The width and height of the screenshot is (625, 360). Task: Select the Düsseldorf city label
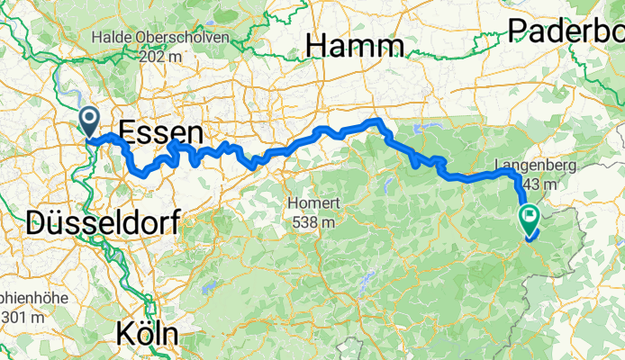[103, 220]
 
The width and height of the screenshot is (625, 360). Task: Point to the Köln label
[147, 334]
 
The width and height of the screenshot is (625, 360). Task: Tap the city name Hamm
[354, 45]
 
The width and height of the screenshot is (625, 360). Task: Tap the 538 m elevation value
[312, 219]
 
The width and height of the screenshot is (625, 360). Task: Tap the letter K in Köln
[124, 334]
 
